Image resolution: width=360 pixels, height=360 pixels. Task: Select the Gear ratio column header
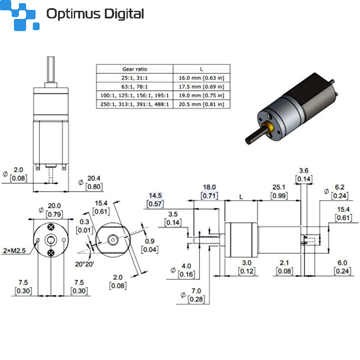point(135,69)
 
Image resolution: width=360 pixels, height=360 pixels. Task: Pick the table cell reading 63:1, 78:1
point(135,87)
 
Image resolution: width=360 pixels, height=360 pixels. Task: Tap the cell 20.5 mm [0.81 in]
point(201,104)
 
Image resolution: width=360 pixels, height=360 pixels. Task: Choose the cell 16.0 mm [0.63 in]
point(201,78)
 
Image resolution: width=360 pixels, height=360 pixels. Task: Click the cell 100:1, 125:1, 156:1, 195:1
point(135,95)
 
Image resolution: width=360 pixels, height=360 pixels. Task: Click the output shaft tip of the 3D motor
point(248,141)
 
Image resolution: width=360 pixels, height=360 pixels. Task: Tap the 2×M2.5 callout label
point(14,251)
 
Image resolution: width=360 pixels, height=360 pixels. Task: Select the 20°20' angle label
point(84,264)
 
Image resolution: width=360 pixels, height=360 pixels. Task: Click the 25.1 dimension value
point(279,187)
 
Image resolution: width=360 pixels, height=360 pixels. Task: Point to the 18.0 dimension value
point(209,187)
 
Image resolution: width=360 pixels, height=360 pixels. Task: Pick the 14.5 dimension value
point(155,196)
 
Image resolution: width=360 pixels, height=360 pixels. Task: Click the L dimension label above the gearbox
point(241,197)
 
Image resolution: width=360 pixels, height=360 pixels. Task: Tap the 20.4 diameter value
point(94,178)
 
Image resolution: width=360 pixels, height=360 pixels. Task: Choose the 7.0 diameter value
point(196,291)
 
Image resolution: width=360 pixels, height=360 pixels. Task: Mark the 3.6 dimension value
point(304,171)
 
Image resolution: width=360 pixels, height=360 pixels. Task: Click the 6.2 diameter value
point(340,187)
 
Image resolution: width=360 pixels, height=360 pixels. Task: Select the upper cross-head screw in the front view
point(51,227)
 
